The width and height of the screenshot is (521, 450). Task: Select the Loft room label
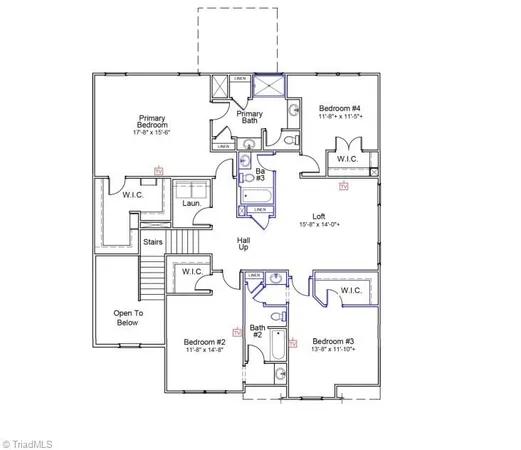[319, 216]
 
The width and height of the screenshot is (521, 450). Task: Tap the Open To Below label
[127, 318]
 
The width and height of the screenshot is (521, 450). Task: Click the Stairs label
[153, 242]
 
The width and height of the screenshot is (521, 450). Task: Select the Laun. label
[191, 204]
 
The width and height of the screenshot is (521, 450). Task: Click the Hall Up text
[243, 243]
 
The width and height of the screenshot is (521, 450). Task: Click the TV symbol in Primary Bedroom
[157, 172]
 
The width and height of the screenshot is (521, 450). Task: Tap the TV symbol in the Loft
[344, 187]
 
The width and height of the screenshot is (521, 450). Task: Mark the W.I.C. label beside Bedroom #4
[347, 158]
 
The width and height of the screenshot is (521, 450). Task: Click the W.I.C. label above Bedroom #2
[193, 273]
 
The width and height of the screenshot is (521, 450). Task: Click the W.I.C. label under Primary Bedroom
[132, 194]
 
